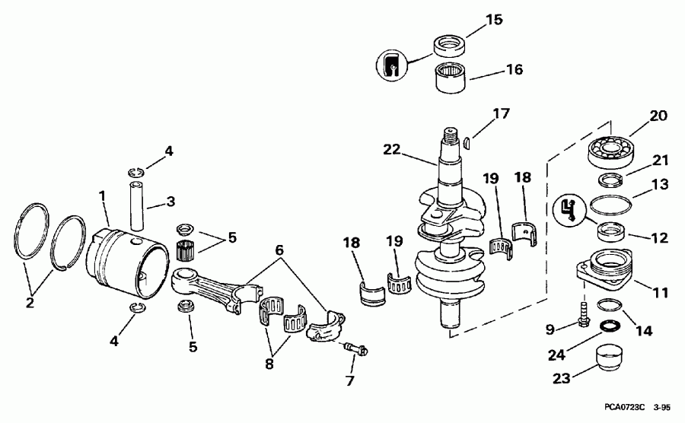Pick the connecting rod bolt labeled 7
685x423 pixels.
355,349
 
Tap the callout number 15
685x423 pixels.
494,19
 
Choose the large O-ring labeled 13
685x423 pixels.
610,207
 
